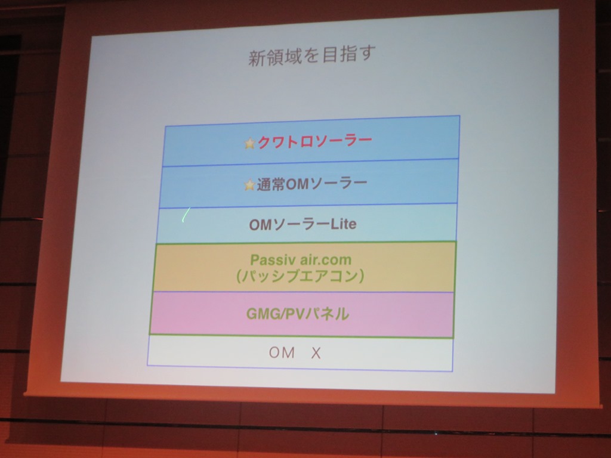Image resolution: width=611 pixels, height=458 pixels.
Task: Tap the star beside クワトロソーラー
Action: [249, 144]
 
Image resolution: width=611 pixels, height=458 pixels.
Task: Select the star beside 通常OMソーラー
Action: [249, 185]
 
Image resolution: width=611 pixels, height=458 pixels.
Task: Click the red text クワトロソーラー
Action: [314, 142]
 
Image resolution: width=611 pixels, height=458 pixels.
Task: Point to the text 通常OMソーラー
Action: [311, 184]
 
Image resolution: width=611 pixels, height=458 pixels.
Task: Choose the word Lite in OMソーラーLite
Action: [343, 224]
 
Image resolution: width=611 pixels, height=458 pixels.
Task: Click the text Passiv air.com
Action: [301, 260]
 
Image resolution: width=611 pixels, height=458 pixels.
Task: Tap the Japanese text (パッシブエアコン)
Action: [300, 276]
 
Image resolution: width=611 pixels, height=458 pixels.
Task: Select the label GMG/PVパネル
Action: [297, 314]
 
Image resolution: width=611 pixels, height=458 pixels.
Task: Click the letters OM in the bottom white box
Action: [282, 352]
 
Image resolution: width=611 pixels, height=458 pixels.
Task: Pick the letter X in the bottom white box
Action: [316, 353]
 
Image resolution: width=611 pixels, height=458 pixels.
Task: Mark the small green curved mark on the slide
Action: [186, 215]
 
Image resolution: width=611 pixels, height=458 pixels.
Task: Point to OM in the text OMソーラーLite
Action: [260, 225]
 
